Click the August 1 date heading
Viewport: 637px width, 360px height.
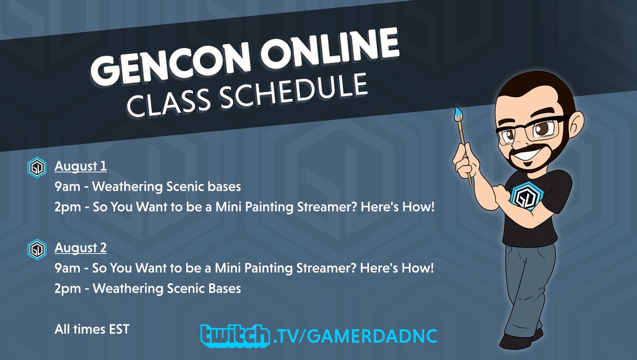(81, 167)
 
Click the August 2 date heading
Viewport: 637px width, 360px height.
(81, 248)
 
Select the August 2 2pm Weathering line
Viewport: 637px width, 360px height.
(148, 288)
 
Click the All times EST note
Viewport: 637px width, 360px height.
(92, 329)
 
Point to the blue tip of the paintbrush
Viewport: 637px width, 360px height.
(457, 113)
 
